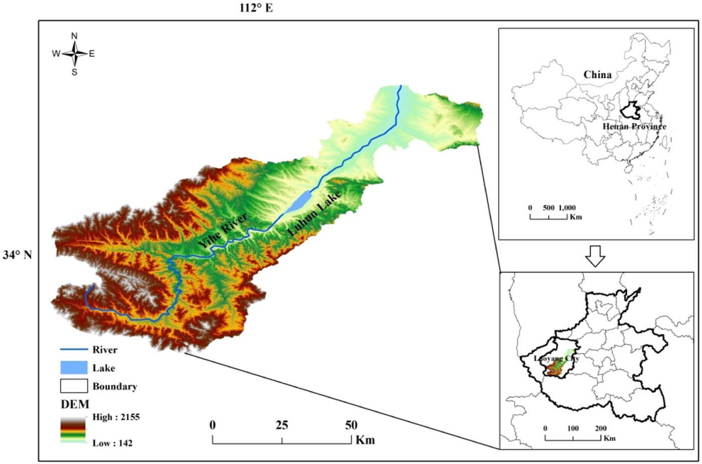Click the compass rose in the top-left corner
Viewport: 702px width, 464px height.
(74, 54)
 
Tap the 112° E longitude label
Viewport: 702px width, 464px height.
(256, 8)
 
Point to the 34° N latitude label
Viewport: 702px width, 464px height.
(18, 255)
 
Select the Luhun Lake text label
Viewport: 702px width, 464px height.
(314, 213)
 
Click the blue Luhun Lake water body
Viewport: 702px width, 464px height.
(300, 201)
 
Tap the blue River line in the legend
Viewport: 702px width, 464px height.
(74, 350)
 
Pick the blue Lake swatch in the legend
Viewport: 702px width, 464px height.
(74, 368)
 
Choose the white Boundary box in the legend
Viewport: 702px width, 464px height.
(74, 386)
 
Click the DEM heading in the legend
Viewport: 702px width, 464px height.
(75, 404)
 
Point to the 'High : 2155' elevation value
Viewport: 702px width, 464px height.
(116, 417)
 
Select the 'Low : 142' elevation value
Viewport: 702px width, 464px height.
(112, 443)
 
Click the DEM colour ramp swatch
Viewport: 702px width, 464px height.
(73, 430)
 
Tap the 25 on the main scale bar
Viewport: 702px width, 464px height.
(281, 425)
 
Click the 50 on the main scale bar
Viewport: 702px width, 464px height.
(351, 425)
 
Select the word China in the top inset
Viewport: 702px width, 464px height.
(597, 75)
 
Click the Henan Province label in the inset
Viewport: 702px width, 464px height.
(634, 126)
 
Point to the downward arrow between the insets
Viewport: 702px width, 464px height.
(595, 256)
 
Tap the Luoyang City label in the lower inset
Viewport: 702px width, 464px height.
(556, 358)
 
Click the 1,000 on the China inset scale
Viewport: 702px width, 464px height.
(567, 207)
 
